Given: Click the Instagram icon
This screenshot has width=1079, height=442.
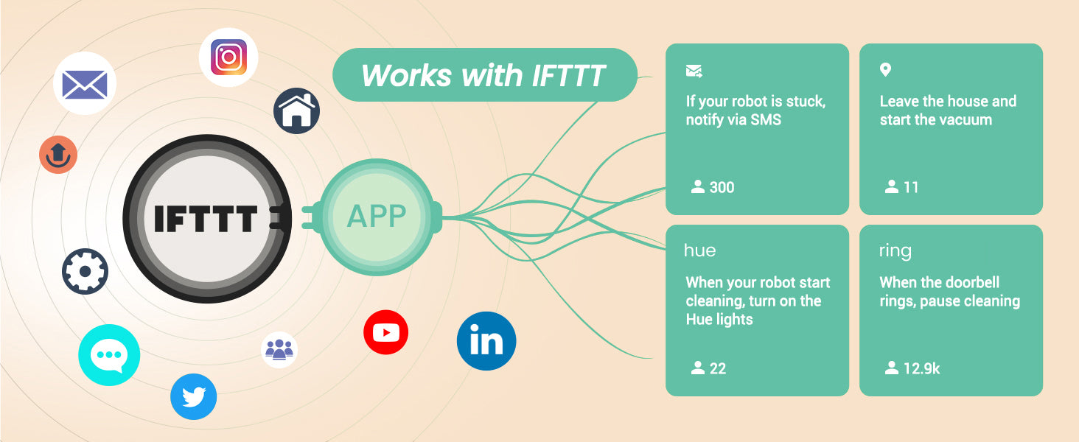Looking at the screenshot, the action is (x=228, y=57).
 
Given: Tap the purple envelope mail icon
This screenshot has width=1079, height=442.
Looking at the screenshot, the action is (x=85, y=83).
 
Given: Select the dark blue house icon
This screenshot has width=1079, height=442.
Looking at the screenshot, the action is (x=297, y=110).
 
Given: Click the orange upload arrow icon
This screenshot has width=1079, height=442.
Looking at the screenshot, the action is (x=58, y=155).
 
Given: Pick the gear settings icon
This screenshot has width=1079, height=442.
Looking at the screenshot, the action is (x=85, y=271).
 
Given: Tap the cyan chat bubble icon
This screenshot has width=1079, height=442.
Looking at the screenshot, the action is (x=109, y=355).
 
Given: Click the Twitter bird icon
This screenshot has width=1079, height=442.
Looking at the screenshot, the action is (x=194, y=397).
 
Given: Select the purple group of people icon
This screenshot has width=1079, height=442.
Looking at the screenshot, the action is (x=279, y=350).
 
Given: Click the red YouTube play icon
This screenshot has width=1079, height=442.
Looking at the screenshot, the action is (x=386, y=332).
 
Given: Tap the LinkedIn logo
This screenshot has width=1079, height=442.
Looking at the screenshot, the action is (x=486, y=341).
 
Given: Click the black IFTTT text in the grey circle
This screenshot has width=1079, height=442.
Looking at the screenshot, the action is (x=206, y=219).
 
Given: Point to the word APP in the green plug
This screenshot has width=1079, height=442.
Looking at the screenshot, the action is (x=377, y=216).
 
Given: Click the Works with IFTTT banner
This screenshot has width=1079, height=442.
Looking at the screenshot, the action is (x=484, y=74).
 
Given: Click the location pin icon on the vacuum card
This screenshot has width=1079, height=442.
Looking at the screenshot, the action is (x=885, y=70).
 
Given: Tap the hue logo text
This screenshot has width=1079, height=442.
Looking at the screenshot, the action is (x=700, y=250).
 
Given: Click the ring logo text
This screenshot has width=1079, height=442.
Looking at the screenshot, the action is (x=895, y=251).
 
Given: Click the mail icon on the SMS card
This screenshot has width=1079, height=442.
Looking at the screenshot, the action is (x=694, y=71).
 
